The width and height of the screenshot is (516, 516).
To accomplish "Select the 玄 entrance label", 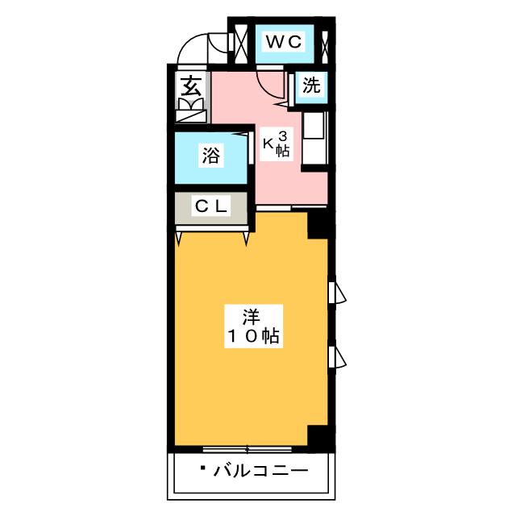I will tap(191, 85).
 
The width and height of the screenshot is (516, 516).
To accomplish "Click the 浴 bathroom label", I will tap(211, 156).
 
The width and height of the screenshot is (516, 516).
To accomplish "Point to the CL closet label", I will tap(212, 206).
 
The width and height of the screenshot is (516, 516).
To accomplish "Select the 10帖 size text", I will tap(252, 337).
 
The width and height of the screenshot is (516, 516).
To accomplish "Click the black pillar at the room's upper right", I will tap(319, 224).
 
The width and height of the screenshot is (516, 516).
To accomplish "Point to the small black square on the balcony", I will tap(204, 468).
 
